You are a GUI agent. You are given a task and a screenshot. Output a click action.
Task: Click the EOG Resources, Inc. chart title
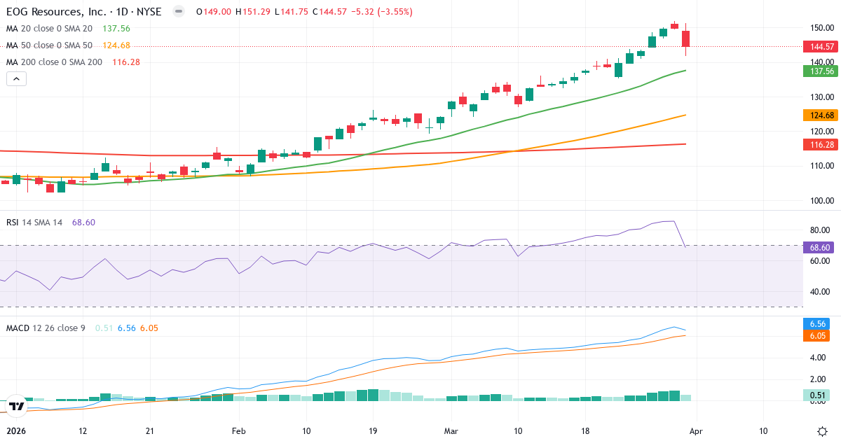(81, 12)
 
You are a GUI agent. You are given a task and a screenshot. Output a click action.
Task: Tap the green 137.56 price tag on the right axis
(819, 71)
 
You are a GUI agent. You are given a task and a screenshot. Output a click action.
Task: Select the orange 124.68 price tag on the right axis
(819, 115)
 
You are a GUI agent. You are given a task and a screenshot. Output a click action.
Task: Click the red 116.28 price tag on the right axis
(819, 144)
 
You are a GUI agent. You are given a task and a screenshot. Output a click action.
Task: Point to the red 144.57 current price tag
(819, 47)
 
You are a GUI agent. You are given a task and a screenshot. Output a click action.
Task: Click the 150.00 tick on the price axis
(819, 28)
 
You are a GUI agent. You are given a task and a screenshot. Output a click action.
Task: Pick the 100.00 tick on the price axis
(819, 200)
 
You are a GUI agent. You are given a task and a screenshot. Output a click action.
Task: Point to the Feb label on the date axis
(239, 431)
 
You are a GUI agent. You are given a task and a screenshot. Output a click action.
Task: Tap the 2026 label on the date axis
(15, 431)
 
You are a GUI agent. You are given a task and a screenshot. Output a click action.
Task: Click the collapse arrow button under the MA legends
(16, 79)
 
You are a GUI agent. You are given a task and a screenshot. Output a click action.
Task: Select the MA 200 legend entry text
(54, 62)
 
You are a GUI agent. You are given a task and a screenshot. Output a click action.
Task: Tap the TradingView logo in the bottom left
(17, 406)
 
